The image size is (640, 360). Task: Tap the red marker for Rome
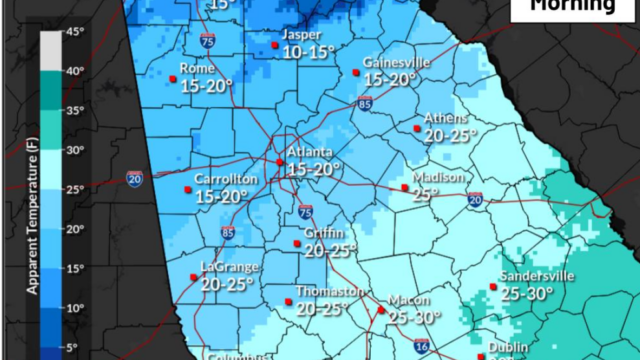point(173,78)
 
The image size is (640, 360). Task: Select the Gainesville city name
point(396,61)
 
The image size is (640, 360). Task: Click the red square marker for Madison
point(404,186)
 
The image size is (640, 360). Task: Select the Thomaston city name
point(329,290)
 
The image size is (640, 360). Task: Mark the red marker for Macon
point(380,310)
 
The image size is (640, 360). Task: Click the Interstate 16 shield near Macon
point(421,345)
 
